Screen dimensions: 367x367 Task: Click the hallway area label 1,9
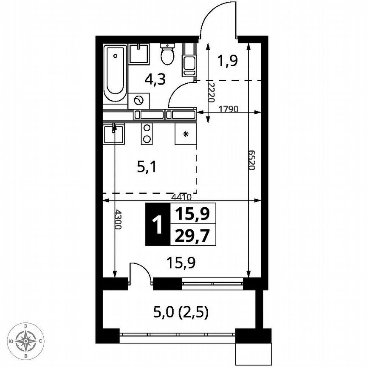point(228,60)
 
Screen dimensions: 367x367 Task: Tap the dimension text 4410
point(182,197)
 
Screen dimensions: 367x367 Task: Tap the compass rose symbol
point(26,340)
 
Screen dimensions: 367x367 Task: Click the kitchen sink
point(113,134)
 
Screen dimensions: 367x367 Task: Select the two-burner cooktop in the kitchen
point(147,133)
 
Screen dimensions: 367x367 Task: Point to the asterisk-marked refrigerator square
point(186,134)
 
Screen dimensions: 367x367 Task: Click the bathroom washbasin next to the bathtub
point(139,54)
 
